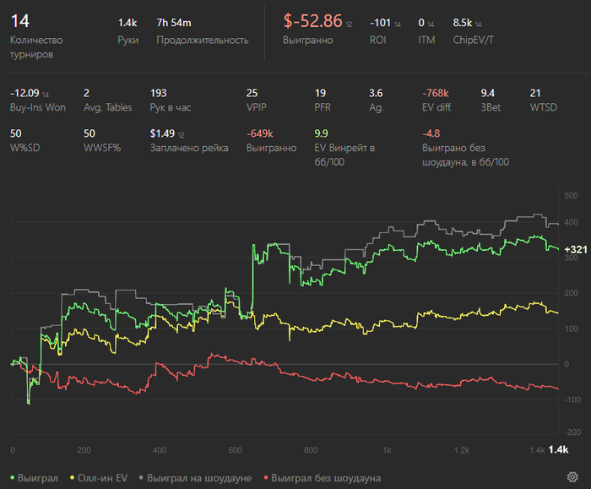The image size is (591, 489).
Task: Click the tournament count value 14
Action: point(19,21)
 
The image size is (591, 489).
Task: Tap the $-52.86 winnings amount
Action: point(312,21)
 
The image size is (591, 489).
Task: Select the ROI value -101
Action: point(380,23)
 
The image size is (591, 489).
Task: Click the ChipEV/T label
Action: point(475,40)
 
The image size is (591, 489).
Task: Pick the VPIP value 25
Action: point(252,93)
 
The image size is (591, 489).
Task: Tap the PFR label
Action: point(323,108)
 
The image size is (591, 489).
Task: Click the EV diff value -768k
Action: point(436,93)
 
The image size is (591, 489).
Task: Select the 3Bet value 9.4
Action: point(488,93)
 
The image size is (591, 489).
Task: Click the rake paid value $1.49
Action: point(163,133)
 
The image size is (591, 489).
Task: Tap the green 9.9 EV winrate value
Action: point(322,133)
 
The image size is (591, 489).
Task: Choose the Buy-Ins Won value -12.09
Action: point(24,93)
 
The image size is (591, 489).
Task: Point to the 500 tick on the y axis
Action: point(572,196)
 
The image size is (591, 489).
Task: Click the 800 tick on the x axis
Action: point(311,449)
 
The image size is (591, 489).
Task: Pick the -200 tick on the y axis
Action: point(572,434)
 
